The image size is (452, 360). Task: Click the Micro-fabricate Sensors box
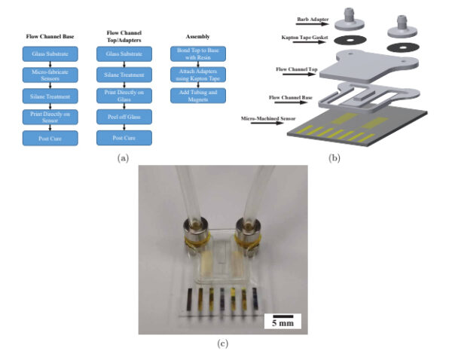pyautogui.click(x=46, y=75)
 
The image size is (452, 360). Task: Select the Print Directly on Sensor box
pyautogui.click(x=46, y=117)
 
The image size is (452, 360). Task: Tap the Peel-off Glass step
pyautogui.click(x=124, y=117)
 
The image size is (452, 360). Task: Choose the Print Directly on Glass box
pyautogui.click(x=124, y=96)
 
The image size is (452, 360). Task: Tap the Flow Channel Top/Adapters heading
pyautogui.click(x=124, y=35)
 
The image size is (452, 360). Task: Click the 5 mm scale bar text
pyautogui.click(x=283, y=323)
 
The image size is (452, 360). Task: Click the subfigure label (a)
pyautogui.click(x=122, y=158)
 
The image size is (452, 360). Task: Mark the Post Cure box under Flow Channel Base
pyautogui.click(x=46, y=138)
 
